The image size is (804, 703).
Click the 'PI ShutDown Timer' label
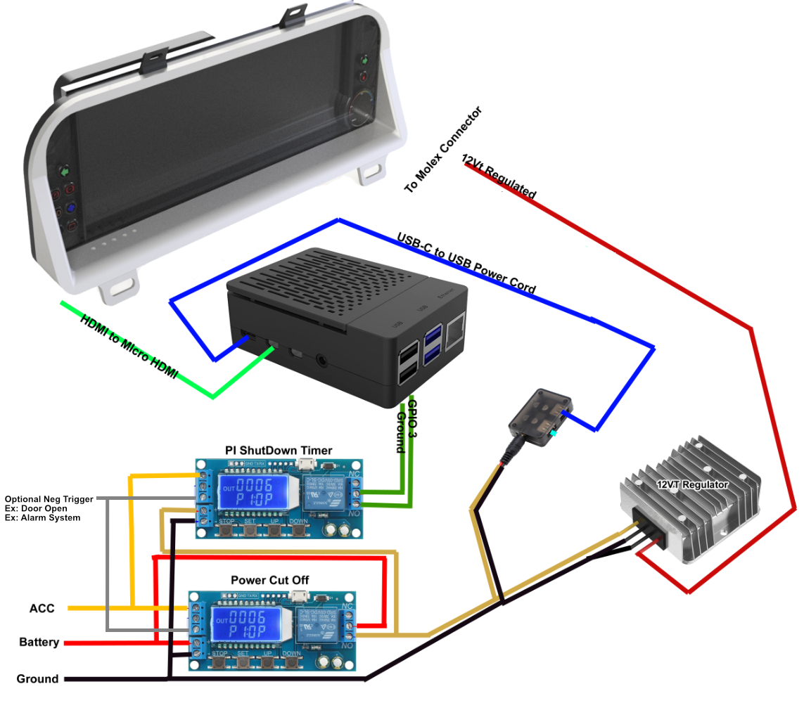click(x=279, y=450)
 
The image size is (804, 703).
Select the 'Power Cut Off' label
click(x=270, y=580)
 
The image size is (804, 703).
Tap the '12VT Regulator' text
click(x=692, y=484)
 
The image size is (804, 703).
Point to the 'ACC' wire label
click(x=42, y=608)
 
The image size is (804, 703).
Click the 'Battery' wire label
click(x=39, y=643)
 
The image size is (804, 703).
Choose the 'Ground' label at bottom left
click(x=37, y=679)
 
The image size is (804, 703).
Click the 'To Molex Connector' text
click(x=444, y=150)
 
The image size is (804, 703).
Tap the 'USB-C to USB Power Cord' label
click(x=466, y=263)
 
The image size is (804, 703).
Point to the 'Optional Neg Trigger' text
click(x=49, y=499)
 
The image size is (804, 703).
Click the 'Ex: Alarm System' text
click(x=42, y=518)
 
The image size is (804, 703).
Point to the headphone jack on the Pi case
click(x=322, y=361)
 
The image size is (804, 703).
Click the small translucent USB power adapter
click(x=541, y=417)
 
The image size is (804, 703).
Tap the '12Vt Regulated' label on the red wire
click(x=499, y=176)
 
